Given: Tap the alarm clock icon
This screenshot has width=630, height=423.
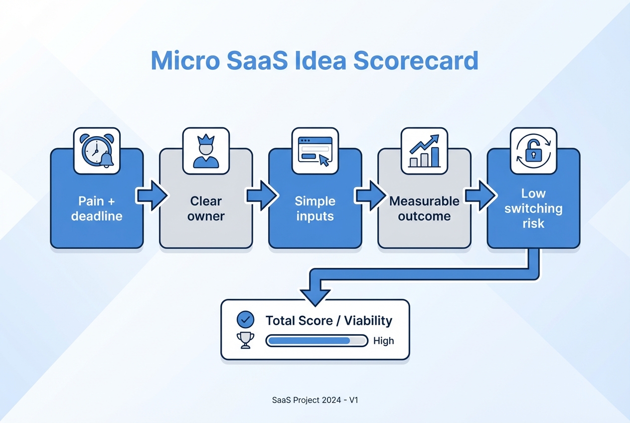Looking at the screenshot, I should coord(97,151).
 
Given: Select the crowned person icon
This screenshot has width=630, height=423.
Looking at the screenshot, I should coord(206,151).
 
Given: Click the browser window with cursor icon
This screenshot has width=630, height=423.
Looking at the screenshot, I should coord(315,151).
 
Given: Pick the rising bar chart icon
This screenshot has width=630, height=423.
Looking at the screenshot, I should coord(424,151).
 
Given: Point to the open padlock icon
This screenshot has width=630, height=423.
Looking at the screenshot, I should coord(533,151).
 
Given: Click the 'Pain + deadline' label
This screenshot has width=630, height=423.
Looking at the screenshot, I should coord(97,209).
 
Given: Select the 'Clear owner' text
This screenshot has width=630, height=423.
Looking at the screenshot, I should coord(206,209).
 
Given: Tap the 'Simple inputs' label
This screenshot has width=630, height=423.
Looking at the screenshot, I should coord(315,209).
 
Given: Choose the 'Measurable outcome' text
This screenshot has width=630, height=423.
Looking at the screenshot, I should coord(424,209).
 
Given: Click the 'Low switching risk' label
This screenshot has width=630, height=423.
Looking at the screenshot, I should coord(533,208).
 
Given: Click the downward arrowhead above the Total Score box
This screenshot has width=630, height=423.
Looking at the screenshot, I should coord(315,295).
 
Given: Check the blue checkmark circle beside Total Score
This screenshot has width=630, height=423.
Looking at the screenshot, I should coord(245,320).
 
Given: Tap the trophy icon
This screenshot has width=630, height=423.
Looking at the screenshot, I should coord(245,340).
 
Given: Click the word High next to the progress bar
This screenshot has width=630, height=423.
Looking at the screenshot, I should coord(383,341).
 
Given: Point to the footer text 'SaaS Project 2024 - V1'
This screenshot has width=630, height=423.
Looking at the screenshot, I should coord(315,400).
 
